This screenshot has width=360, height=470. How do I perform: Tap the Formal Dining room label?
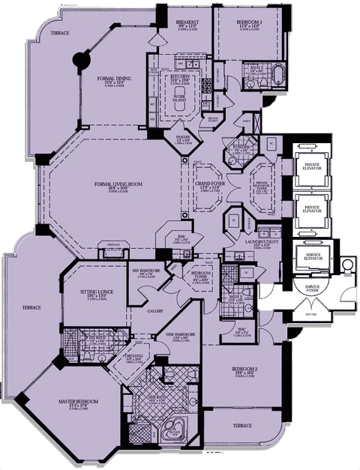(x=118, y=80)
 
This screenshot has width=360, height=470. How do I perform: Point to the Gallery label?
(x=155, y=311)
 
